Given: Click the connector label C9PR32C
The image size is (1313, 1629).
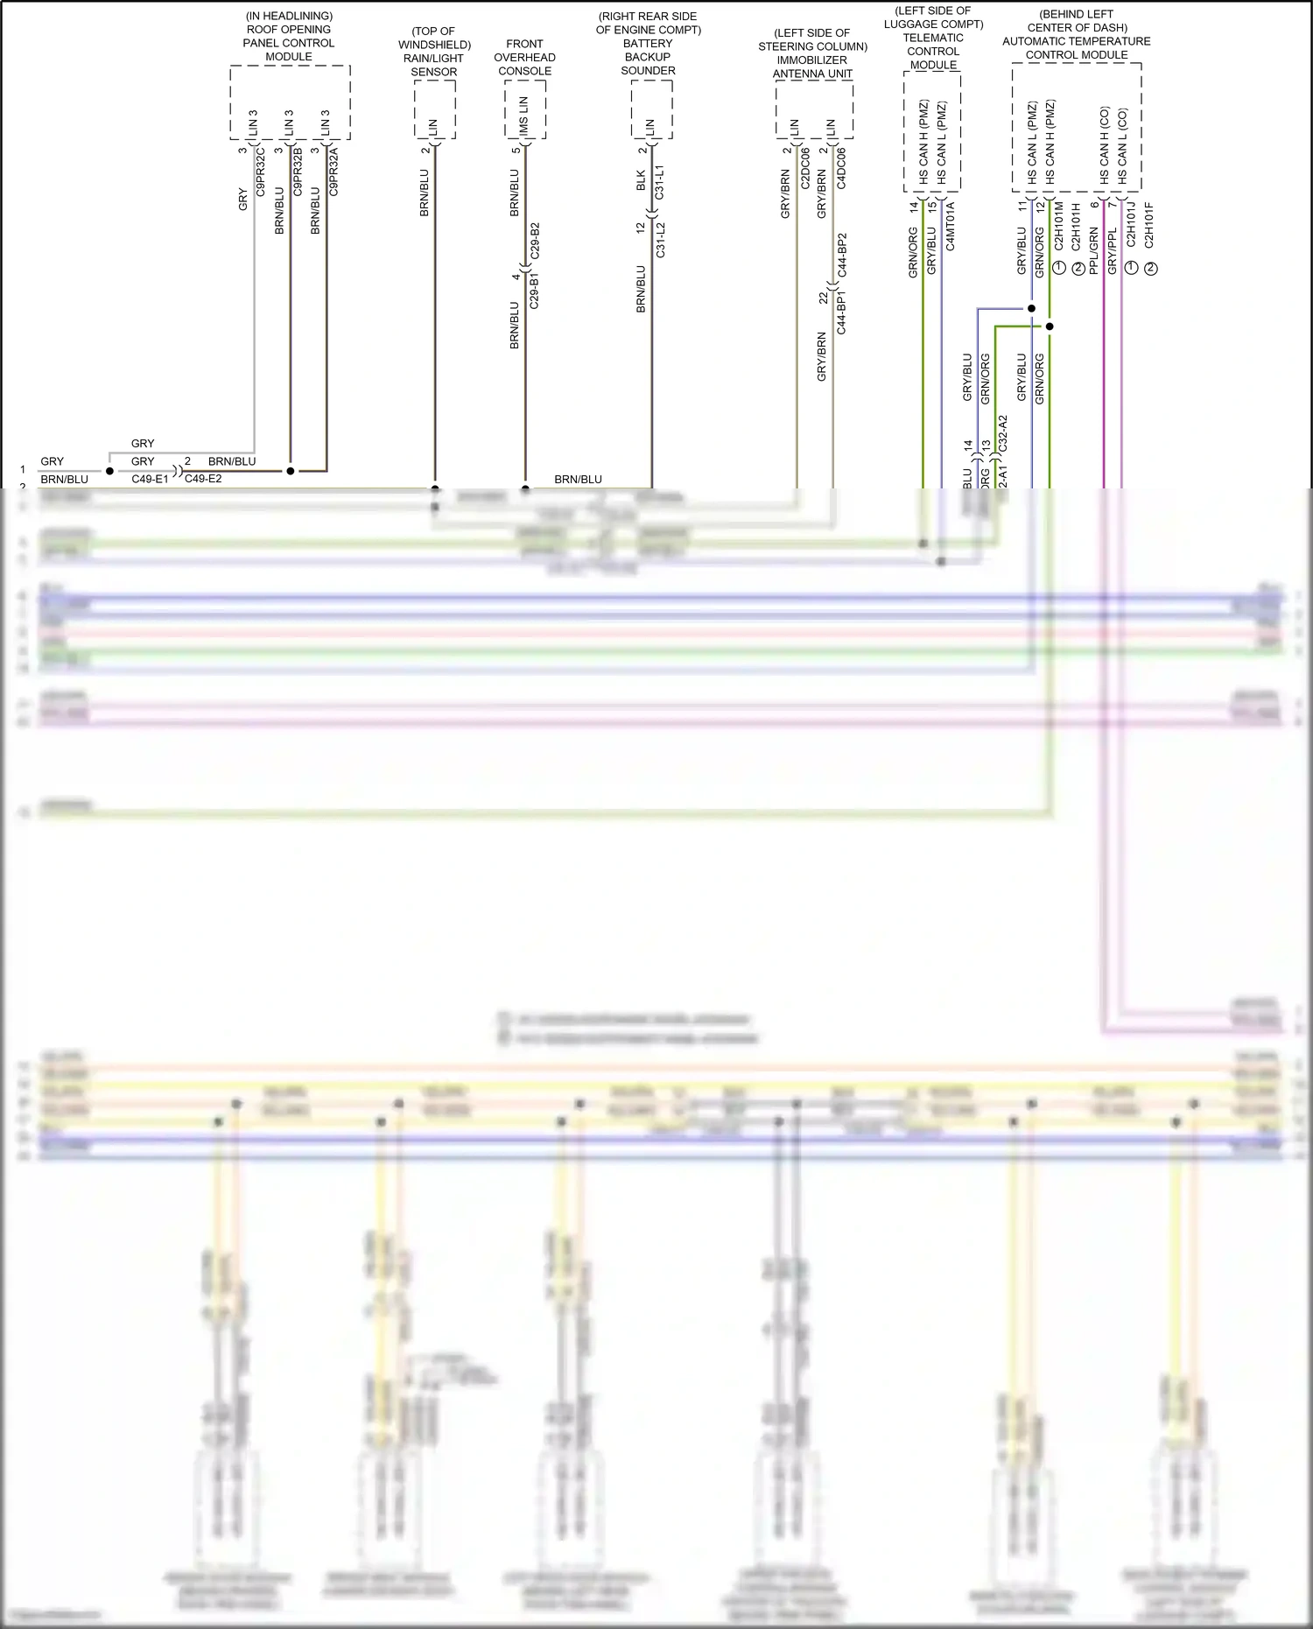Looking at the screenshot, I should [x=261, y=172].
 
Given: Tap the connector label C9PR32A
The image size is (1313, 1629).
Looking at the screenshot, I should [x=334, y=172].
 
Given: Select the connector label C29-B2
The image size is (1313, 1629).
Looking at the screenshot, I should [x=535, y=241].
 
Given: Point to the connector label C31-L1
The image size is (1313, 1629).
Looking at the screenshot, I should [x=660, y=182].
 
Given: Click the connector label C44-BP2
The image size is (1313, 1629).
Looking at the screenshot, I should [x=842, y=256].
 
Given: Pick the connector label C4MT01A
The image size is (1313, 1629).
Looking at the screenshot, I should [x=951, y=226].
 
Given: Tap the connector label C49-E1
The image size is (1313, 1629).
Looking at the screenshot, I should [x=150, y=480].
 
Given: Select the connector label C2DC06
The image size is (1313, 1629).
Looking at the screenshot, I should [x=805, y=169].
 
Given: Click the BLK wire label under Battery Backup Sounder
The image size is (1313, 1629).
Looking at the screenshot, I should [x=641, y=181].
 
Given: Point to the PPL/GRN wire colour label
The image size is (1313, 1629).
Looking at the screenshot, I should [x=1093, y=250].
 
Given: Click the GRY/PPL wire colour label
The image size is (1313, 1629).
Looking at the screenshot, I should [x=1113, y=251].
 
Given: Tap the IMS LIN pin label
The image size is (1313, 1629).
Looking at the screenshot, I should [x=524, y=115].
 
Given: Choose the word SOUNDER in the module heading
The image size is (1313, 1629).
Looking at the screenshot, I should [x=648, y=71].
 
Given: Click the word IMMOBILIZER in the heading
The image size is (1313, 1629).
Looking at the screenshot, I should [x=812, y=60].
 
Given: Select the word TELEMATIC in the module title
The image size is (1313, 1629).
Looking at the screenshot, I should [x=933, y=38].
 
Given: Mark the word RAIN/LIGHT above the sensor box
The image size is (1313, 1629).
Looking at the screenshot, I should [x=434, y=59].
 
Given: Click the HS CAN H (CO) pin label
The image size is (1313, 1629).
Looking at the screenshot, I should [x=1104, y=145].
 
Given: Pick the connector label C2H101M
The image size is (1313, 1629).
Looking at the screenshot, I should [x=1058, y=228].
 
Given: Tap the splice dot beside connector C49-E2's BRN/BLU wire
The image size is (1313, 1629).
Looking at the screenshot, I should [x=291, y=471].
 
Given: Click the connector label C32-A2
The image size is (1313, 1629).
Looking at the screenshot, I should [x=1003, y=433].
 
